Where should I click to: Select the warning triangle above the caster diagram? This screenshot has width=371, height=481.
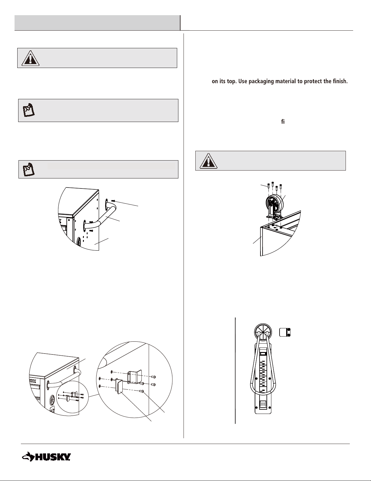pyautogui.click(x=208, y=161)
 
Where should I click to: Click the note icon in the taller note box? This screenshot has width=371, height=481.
pyautogui.click(x=29, y=110)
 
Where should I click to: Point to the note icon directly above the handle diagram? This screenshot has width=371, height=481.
pyautogui.click(x=29, y=169)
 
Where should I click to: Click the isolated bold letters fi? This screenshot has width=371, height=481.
pyautogui.click(x=283, y=122)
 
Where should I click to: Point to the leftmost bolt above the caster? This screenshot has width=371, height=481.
pyautogui.click(x=268, y=187)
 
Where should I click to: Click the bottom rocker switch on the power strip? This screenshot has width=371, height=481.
pyautogui.click(x=263, y=405)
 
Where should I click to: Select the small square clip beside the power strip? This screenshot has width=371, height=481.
pyautogui.click(x=285, y=332)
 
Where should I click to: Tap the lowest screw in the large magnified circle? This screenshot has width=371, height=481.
pyautogui.click(x=142, y=391)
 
